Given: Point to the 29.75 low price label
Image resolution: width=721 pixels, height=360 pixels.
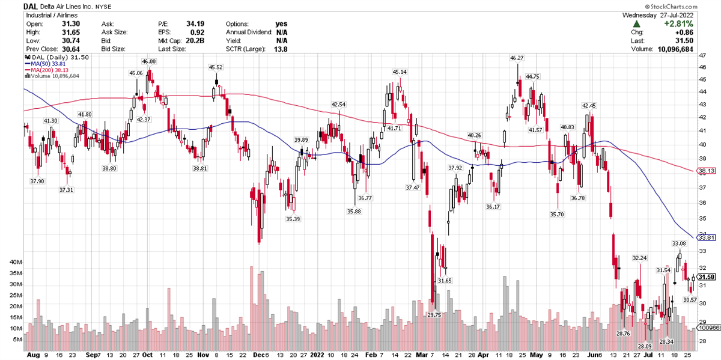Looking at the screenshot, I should (434, 314).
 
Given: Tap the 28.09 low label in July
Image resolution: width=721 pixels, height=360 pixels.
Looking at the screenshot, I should (645, 346).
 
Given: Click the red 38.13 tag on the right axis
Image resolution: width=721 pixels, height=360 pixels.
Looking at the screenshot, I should (707, 171).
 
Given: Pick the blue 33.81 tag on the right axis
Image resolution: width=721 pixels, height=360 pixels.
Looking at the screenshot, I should (707, 238).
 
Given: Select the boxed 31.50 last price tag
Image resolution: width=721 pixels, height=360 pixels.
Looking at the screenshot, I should (707, 277).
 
